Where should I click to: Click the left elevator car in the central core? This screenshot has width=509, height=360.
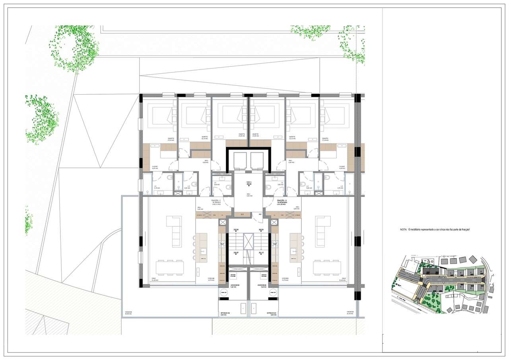[240, 161]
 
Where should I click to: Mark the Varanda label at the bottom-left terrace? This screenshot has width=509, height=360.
[128, 312]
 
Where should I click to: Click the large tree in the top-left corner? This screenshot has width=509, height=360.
[74, 48]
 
